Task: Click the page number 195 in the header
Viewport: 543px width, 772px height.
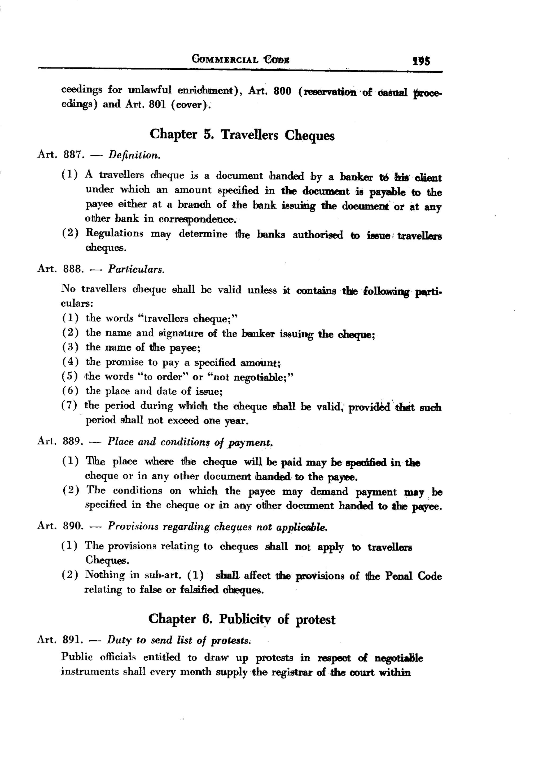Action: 421,61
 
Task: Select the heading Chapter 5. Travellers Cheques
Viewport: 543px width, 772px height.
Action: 242,135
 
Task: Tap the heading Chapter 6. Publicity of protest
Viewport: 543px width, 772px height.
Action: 242,619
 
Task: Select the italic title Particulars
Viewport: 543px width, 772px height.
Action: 136,269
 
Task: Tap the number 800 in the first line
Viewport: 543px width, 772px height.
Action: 282,91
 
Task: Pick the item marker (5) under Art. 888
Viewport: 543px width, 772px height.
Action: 70,376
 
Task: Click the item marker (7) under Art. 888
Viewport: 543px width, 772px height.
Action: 69,405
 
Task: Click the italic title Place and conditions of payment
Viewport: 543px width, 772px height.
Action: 190,442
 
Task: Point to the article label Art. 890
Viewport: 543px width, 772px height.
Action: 60,526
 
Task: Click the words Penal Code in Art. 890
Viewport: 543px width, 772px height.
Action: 413,576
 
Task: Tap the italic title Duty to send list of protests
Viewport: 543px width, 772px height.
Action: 179,640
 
